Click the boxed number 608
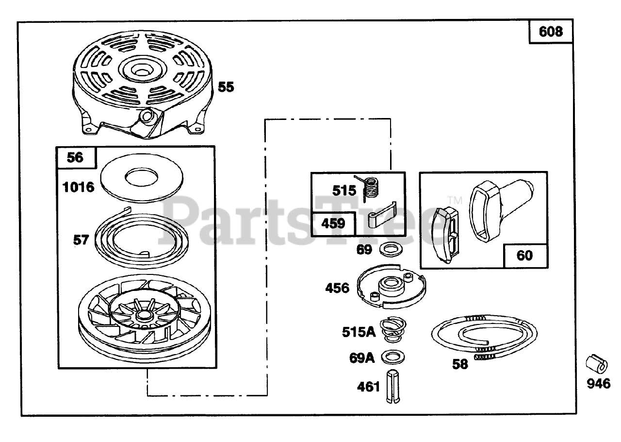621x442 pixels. coord(551,32)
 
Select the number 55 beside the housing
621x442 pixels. coord(226,87)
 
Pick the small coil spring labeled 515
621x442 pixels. coord(371,187)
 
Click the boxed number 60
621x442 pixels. coord(524,255)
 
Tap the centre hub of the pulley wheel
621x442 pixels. coord(143,316)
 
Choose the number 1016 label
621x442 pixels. coord(79,187)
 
